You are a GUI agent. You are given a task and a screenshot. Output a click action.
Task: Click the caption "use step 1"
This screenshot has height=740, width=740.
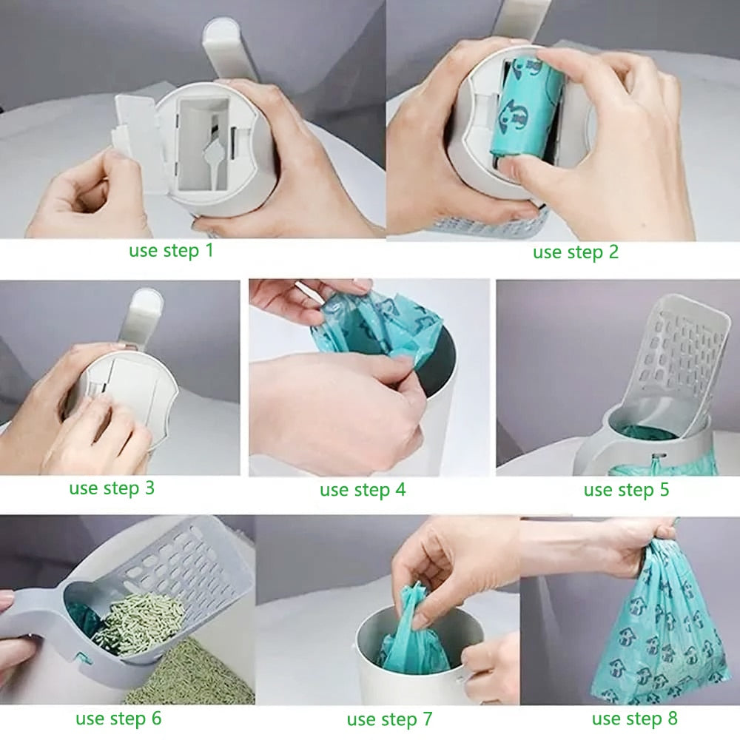point(171,250)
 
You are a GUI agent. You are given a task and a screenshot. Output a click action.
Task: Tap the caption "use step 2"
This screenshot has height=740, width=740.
point(575,252)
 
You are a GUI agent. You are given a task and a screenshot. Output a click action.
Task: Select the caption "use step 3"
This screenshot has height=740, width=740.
point(112,488)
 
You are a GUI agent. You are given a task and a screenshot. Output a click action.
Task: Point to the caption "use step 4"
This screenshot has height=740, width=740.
point(363,490)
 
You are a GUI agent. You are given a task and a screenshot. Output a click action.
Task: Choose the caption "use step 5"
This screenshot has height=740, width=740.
point(626,490)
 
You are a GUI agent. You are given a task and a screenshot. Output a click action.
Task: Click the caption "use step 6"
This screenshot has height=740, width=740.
point(118,718)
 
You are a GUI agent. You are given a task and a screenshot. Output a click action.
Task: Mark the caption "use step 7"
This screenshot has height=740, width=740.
point(389,719)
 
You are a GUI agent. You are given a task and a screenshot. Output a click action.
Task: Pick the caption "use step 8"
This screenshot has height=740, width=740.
point(634,718)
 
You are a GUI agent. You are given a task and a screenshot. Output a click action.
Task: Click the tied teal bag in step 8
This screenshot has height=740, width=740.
point(651,636)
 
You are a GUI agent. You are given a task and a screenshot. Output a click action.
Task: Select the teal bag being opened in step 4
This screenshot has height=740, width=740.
point(377,326)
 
